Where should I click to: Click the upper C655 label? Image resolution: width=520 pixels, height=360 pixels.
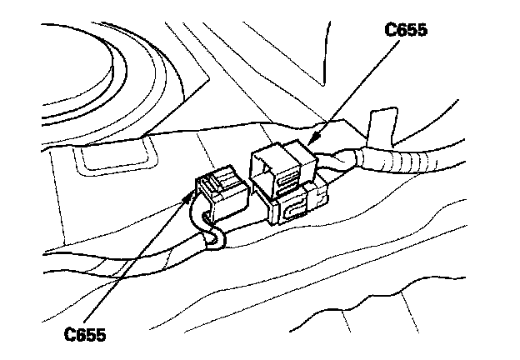coord(405,31)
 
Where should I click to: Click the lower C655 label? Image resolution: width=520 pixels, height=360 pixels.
coord(87,334)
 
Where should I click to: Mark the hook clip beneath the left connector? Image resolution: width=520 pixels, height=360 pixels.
coord(215,241)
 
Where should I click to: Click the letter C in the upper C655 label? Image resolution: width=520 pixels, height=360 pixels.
coord(389,31)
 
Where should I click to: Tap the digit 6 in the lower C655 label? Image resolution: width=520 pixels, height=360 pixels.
coord(81,334)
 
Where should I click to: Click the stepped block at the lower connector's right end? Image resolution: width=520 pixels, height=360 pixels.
coord(317,197)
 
